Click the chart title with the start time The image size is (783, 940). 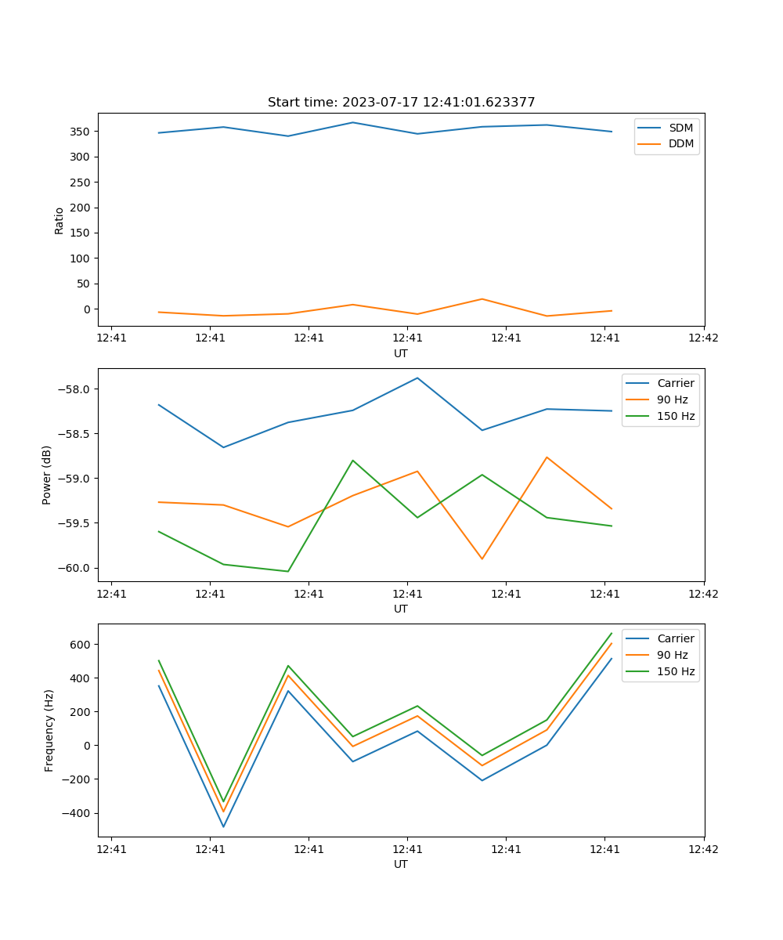pyautogui.click(x=401, y=103)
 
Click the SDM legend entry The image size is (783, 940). pyautogui.click(x=680, y=128)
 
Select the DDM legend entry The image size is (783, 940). pyautogui.click(x=680, y=143)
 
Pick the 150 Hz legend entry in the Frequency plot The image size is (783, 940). pyautogui.click(x=676, y=671)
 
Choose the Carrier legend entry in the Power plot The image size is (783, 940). pyautogui.click(x=675, y=383)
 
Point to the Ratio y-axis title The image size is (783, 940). pyautogui.click(x=59, y=220)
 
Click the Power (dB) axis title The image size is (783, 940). pyautogui.click(x=47, y=475)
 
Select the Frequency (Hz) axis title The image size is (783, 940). pyautogui.click(x=49, y=730)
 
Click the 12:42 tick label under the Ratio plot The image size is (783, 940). pyautogui.click(x=702, y=338)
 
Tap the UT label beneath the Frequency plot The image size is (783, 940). pyautogui.click(x=401, y=864)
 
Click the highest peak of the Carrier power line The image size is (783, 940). pyautogui.click(x=417, y=378)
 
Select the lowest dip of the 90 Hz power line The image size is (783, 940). pyautogui.click(x=482, y=559)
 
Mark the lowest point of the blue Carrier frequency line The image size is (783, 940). pyautogui.click(x=223, y=826)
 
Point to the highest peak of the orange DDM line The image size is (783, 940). pyautogui.click(x=482, y=298)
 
